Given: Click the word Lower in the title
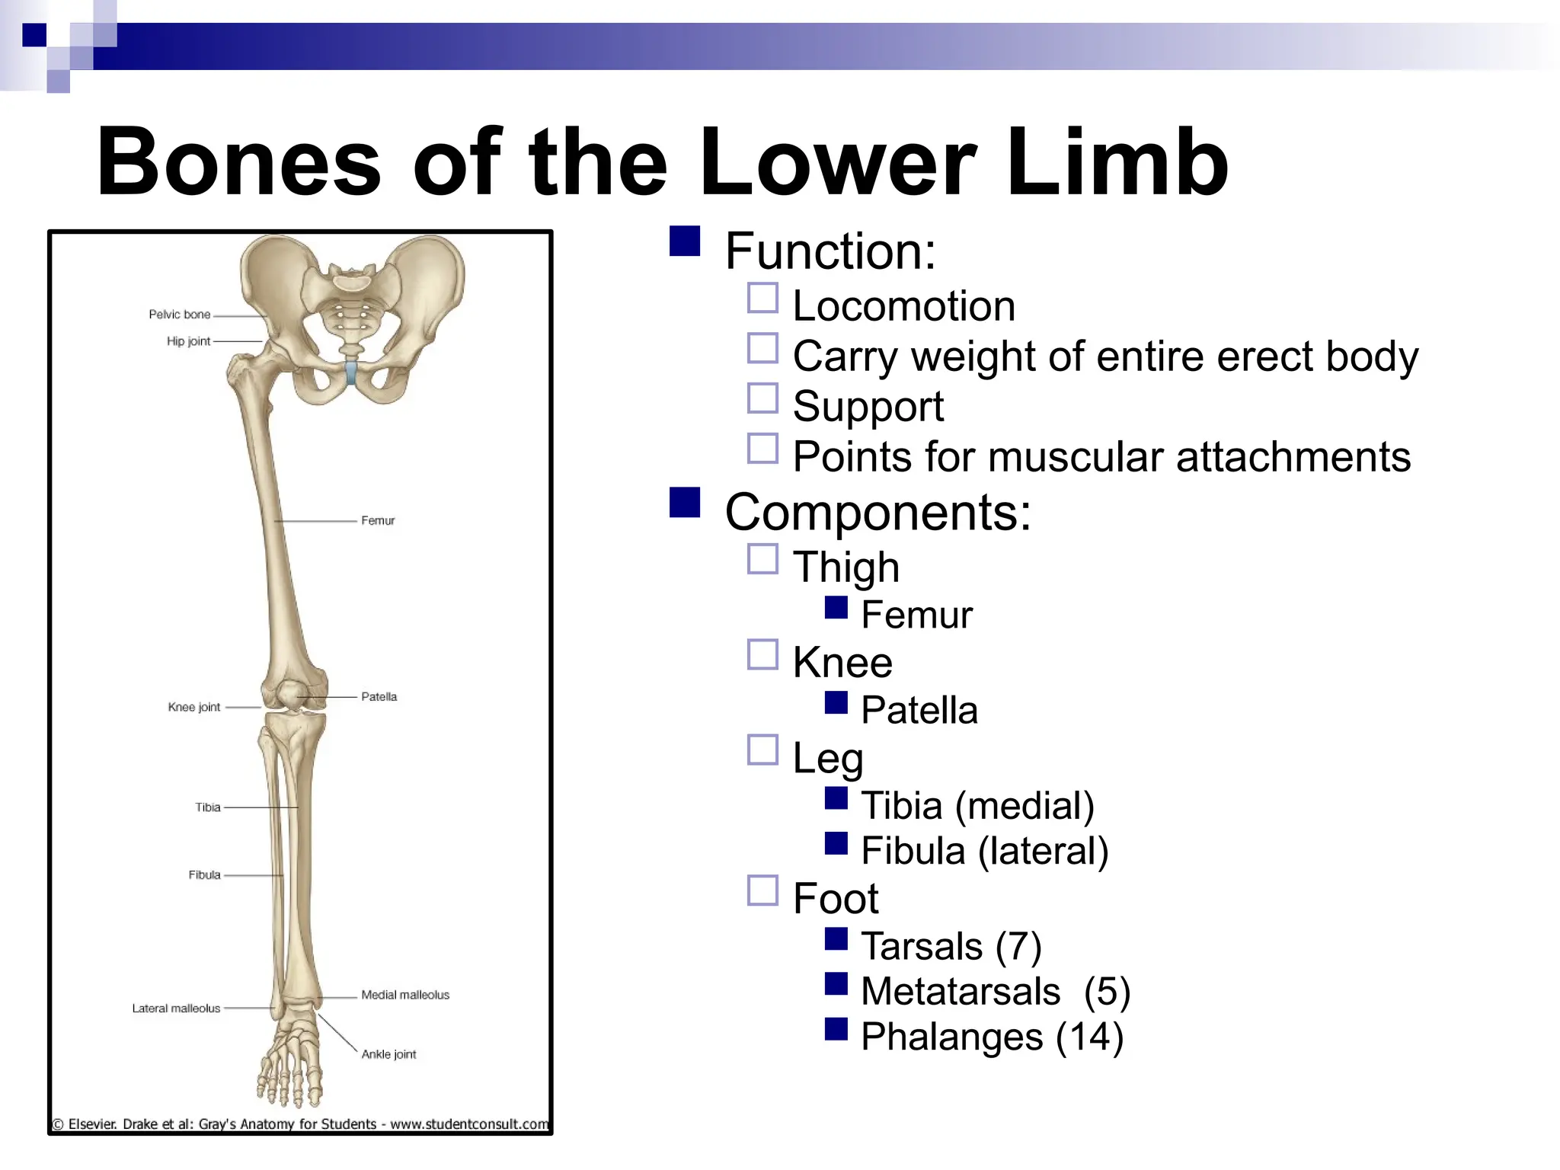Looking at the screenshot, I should click(838, 161).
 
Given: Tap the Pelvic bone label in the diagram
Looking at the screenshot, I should click(179, 315).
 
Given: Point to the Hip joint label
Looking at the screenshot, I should click(188, 341).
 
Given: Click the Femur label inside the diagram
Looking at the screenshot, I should click(378, 521).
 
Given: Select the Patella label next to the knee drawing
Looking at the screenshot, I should click(379, 697).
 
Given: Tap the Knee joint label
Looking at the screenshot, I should click(193, 708).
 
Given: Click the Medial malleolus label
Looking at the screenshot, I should click(404, 996).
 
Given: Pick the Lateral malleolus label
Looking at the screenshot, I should click(176, 1009).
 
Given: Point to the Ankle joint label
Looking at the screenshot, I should click(388, 1055).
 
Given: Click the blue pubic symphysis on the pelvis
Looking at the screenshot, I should click(350, 373).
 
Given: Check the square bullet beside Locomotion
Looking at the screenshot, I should click(762, 299).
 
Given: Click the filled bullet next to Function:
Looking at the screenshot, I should click(684, 241).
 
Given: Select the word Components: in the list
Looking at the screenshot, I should click(877, 512).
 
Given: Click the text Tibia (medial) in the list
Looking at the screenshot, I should click(977, 806).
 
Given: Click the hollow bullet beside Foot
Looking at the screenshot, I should click(762, 890).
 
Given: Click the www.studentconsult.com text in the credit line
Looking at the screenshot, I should click(469, 1124).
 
